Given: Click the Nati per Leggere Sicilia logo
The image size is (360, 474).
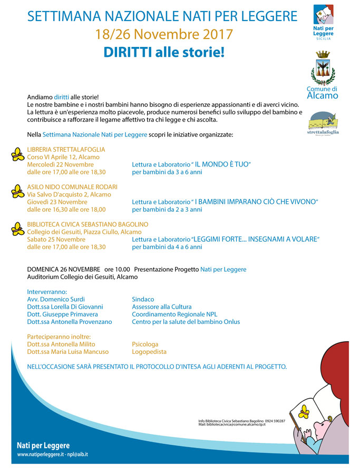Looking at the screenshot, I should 323,22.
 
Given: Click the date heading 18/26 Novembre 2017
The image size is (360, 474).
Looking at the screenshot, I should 164,35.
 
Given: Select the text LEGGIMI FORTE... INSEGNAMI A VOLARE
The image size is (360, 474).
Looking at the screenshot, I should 256,239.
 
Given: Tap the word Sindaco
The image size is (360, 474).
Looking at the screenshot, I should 143,299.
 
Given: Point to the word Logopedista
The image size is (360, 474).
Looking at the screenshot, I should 149,352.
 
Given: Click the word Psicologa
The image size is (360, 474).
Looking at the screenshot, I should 145,344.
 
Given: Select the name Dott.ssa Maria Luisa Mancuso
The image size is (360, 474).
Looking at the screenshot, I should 67,352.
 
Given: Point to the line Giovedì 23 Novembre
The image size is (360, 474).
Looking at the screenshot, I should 57,202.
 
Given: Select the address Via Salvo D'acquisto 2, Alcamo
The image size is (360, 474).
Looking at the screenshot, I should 69,194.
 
